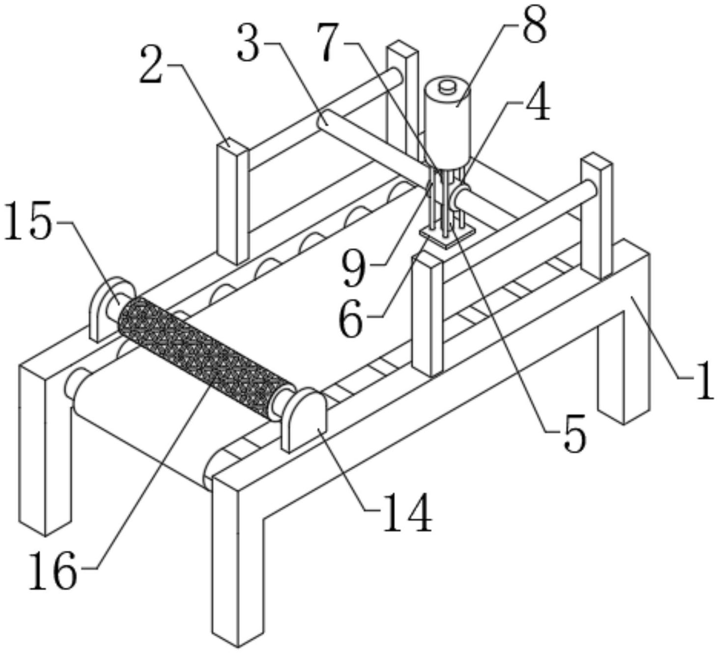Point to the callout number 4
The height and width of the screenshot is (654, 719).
tap(540, 104)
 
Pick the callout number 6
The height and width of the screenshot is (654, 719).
tap(351, 319)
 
